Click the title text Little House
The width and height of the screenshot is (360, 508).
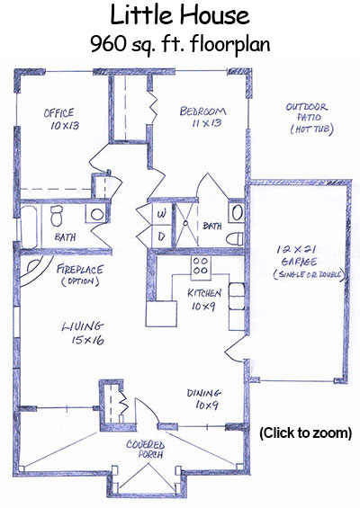tap(180, 15)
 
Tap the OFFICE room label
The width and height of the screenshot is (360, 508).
tap(59, 113)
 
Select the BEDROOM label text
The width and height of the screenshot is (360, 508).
tap(203, 111)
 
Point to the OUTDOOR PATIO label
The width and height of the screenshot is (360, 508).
tap(307, 112)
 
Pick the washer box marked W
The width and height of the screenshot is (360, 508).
tap(161, 213)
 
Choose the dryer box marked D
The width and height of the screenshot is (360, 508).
tap(161, 236)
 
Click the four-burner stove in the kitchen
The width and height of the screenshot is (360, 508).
tap(201, 266)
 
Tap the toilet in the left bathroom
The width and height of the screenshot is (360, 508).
tap(57, 216)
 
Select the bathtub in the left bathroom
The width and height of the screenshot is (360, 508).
tap(29, 227)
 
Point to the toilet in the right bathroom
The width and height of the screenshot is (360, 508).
tap(235, 239)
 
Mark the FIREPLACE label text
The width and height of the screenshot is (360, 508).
tap(80, 269)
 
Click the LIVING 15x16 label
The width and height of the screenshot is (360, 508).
tap(84, 333)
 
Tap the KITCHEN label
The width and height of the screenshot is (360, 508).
tap(204, 293)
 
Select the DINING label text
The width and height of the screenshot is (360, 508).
tap(204, 393)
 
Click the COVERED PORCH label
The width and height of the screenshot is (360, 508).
tap(146, 449)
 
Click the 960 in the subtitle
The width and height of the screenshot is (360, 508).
tap(108, 44)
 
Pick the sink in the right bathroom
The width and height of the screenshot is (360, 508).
tap(237, 212)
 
